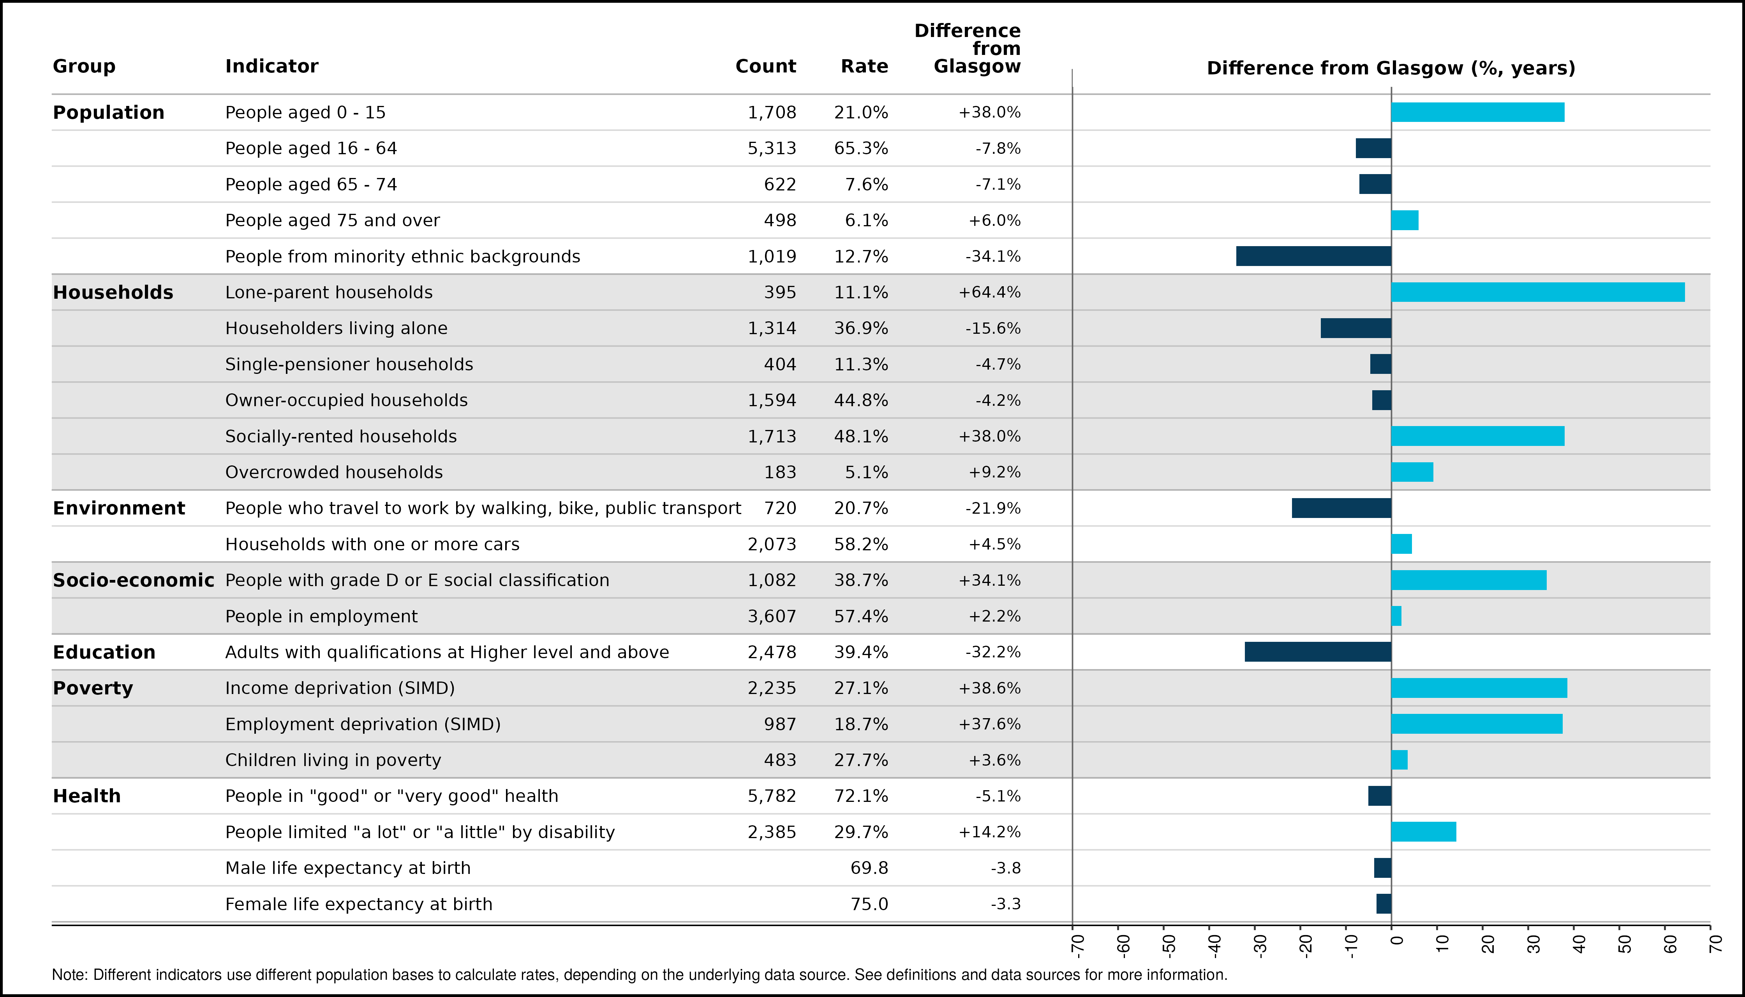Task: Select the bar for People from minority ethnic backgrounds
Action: coord(1313,256)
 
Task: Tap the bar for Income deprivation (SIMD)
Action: coord(1479,688)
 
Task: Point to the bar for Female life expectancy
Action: coord(1384,904)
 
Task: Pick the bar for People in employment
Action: coord(1396,616)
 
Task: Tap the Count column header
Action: coord(766,67)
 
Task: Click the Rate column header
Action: coord(864,67)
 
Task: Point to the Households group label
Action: coord(113,292)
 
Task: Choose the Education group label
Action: coord(104,652)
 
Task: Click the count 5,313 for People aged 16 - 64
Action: coord(772,149)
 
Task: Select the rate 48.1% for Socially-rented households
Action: coord(861,436)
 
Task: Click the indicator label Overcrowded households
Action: coord(334,472)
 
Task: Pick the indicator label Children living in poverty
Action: coord(333,760)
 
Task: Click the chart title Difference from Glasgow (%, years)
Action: coord(1391,69)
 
